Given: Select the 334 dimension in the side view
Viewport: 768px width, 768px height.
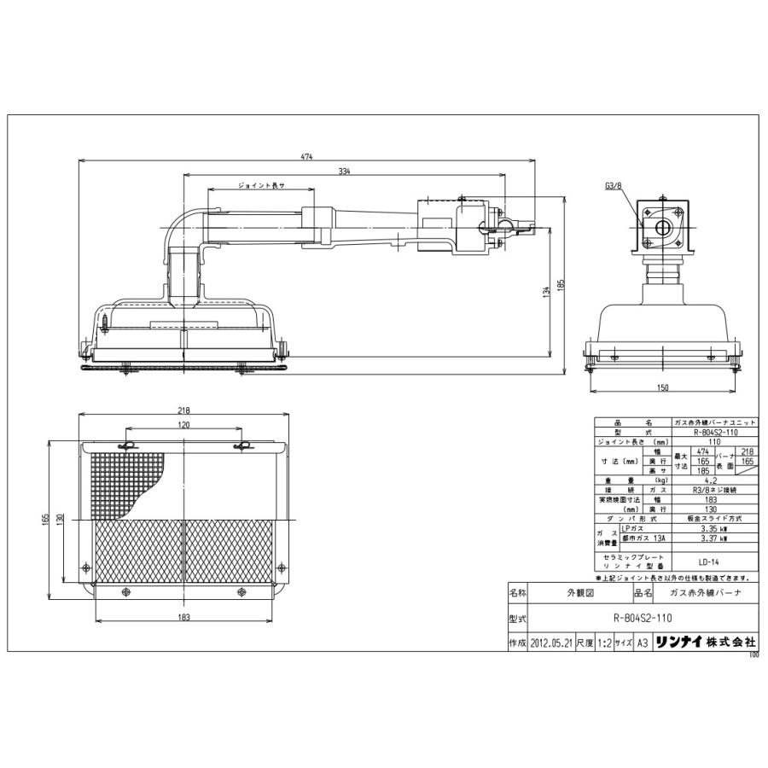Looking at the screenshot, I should pos(344,172).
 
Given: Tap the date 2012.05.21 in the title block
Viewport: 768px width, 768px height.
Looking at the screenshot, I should pos(550,644).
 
